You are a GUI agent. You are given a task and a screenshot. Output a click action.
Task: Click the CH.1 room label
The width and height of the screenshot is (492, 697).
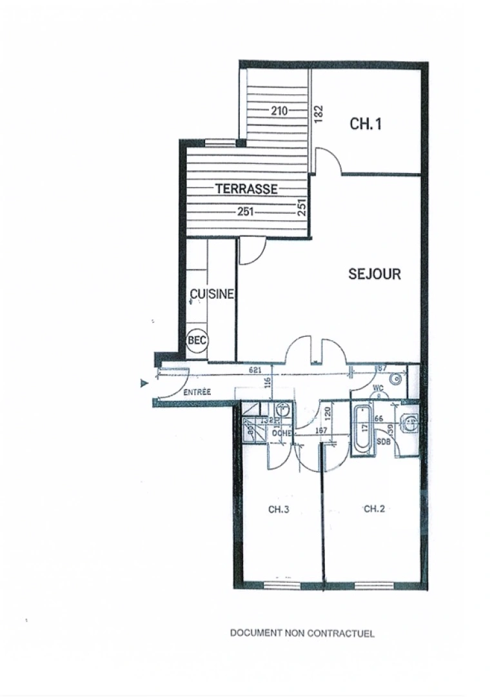tap(366, 124)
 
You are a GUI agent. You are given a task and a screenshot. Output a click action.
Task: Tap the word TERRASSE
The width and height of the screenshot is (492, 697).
tap(246, 189)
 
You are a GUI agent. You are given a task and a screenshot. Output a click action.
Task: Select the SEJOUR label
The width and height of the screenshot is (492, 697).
tap(375, 274)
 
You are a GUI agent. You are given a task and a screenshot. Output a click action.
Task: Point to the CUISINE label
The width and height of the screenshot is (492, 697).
tap(212, 294)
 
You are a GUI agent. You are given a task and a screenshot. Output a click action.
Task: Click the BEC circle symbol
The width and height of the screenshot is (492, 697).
tap(197, 340)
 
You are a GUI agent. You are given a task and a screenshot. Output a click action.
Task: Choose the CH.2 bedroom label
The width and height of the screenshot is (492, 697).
tap(375, 509)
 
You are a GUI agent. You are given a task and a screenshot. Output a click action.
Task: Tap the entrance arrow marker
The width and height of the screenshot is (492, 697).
tap(144, 383)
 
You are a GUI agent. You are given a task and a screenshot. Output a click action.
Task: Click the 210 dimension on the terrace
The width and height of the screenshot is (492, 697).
tap(279, 111)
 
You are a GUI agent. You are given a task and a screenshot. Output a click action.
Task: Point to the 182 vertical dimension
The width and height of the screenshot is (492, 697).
tap(318, 111)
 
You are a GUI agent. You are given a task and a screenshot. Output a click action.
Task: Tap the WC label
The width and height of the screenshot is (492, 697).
tap(379, 388)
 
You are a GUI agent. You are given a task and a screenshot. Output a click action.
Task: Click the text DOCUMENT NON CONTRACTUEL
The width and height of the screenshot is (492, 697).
tap(302, 633)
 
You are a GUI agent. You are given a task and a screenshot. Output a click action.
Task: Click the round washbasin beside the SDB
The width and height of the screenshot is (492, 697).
tap(409, 423)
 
